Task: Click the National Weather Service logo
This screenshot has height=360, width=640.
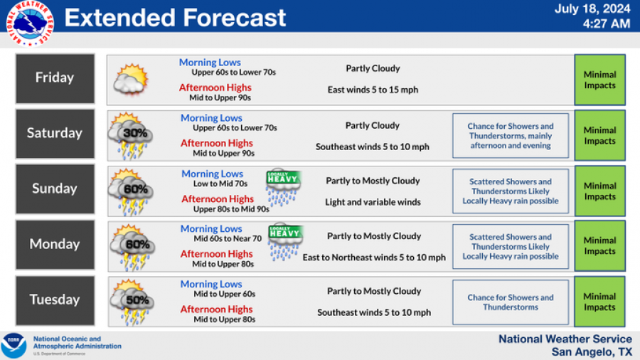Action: [30, 23]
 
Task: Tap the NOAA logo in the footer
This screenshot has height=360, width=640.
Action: [14, 346]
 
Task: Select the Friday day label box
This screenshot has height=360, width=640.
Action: [55, 78]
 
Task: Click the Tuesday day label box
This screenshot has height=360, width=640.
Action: [55, 300]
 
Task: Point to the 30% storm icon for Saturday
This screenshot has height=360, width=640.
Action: [130, 135]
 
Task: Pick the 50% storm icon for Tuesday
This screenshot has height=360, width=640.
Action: [132, 302]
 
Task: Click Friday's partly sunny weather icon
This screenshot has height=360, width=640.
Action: [131, 79]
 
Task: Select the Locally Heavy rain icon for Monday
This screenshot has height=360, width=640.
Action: [285, 243]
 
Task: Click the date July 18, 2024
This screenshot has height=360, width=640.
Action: [592, 9]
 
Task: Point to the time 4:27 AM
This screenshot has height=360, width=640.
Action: [606, 23]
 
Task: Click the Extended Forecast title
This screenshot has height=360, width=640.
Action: [175, 18]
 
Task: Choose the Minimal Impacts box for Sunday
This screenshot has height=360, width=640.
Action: [599, 191]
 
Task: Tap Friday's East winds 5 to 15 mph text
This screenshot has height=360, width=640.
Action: [373, 90]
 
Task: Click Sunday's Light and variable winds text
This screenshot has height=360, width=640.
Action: [373, 202]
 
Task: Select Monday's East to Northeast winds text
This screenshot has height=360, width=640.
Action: [374, 258]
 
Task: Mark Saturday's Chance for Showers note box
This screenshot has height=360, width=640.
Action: [511, 135]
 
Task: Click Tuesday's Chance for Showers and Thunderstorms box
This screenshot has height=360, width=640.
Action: [511, 302]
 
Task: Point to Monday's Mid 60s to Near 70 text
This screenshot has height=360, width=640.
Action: [228, 239]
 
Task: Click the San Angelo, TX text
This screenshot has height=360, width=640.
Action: [592, 352]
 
